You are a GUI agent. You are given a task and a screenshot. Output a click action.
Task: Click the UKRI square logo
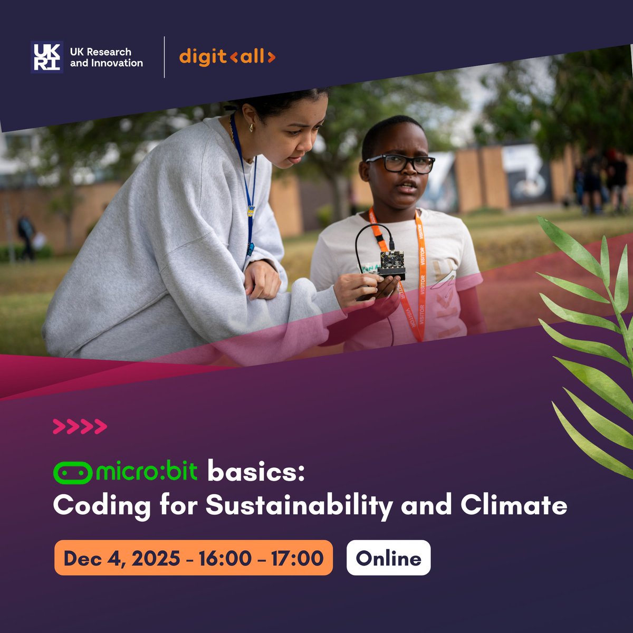pos(47,57)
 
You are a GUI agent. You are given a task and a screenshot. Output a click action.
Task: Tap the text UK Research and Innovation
pos(106,57)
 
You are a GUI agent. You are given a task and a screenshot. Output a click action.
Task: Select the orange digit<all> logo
pos(227,56)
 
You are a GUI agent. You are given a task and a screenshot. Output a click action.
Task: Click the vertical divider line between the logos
pos(164,57)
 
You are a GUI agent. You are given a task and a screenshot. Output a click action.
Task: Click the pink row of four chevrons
pos(80,426)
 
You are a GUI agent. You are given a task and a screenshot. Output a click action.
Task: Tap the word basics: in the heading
pos(256,472)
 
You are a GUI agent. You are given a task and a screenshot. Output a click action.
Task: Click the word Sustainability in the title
pos(299,506)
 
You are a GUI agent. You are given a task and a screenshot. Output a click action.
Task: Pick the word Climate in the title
pos(514,505)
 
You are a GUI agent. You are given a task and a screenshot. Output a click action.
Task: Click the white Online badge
pos(388,558)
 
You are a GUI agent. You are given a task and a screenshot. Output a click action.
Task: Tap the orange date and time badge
pos(193,558)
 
